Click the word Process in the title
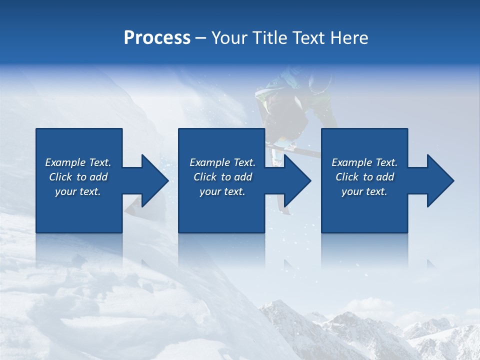tap(157, 37)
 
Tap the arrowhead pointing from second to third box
tap(297, 180)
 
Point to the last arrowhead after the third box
tap(439, 180)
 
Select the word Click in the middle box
tap(205, 177)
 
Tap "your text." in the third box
tap(364, 191)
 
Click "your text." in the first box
tap(77, 191)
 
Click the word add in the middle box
tap(243, 177)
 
